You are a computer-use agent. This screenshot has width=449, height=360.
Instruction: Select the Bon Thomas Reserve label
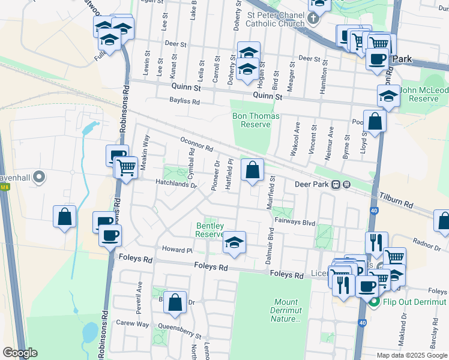pyautogui.click(x=251, y=119)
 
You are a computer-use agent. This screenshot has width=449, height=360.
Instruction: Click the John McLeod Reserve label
pyautogui.click(x=424, y=94)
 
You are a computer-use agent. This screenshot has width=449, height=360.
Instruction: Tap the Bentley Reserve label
pyautogui.click(x=210, y=230)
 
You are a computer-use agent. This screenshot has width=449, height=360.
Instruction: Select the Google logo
pyautogui.click(x=19, y=353)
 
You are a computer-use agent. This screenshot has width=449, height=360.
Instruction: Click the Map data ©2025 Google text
pyautogui.click(x=412, y=355)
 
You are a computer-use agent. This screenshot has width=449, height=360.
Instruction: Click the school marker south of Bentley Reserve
pyautogui.click(x=234, y=243)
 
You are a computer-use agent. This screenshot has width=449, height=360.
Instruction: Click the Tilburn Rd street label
pyautogui.click(x=396, y=200)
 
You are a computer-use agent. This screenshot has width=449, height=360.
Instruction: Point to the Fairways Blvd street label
pyautogui.click(x=295, y=221)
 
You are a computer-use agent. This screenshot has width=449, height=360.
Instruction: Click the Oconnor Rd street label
pyautogui.click(x=197, y=144)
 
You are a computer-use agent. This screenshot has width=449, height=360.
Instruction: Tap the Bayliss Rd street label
pyautogui.click(x=184, y=102)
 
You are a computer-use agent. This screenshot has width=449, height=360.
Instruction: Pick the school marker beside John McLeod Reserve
pyautogui.click(x=388, y=96)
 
